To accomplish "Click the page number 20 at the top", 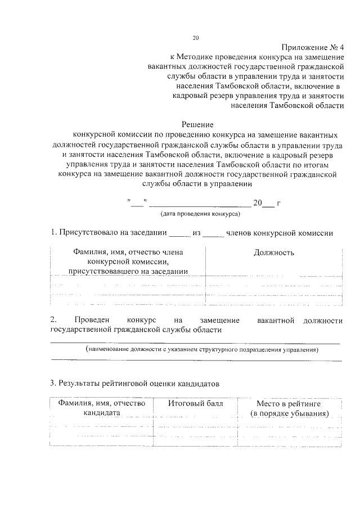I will click(196, 38).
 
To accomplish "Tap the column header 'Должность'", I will click(274, 253).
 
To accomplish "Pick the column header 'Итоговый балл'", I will click(196, 403).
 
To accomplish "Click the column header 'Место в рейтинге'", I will click(289, 403).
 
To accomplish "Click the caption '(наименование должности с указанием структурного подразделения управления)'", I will click(202, 350).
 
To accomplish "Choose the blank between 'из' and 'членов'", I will click(213, 234).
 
